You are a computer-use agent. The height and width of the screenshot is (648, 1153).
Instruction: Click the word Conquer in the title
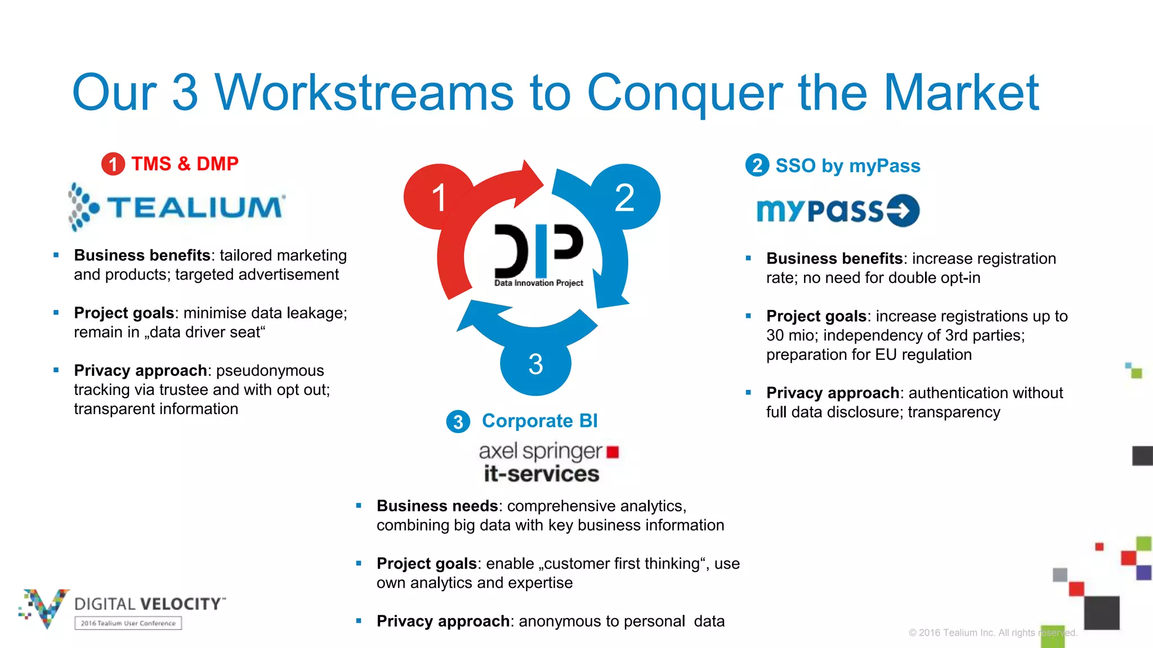[x=684, y=93]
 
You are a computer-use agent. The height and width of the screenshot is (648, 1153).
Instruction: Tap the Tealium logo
[x=177, y=206]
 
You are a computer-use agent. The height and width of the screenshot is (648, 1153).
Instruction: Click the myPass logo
[x=838, y=211]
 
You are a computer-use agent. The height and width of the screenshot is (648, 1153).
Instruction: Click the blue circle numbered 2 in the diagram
[x=625, y=197]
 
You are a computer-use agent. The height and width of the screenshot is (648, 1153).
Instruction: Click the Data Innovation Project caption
[x=539, y=283]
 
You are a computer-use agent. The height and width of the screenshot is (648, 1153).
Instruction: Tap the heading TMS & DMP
[x=185, y=164]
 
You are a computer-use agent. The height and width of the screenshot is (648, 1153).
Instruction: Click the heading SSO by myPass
[x=847, y=166]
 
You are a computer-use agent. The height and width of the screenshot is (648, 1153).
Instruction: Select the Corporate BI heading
[x=539, y=421]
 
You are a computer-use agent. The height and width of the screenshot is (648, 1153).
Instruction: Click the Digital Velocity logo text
[x=149, y=604]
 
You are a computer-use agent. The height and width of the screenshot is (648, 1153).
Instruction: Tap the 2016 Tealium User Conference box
[x=128, y=623]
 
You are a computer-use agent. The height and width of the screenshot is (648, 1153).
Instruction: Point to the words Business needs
[x=437, y=506]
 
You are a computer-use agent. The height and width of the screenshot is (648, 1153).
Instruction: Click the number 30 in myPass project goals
[x=775, y=335]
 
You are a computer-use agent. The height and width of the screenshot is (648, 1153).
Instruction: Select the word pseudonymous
[x=270, y=371]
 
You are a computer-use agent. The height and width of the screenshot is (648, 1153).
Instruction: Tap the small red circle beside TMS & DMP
[x=113, y=164]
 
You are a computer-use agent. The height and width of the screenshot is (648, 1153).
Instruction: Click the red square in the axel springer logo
[x=613, y=452]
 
